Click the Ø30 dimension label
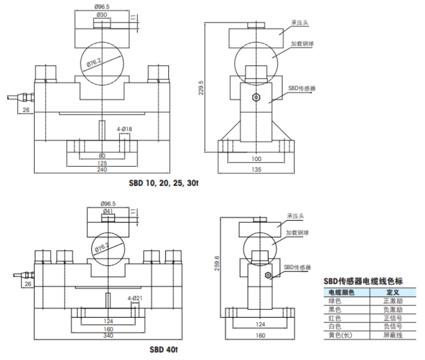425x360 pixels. point(102,15)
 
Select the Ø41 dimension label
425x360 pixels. point(108,210)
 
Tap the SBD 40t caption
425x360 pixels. point(163,351)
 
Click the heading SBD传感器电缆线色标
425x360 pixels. point(364,281)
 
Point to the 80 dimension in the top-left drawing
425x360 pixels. point(102,155)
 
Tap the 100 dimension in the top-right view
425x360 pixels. point(256,159)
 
